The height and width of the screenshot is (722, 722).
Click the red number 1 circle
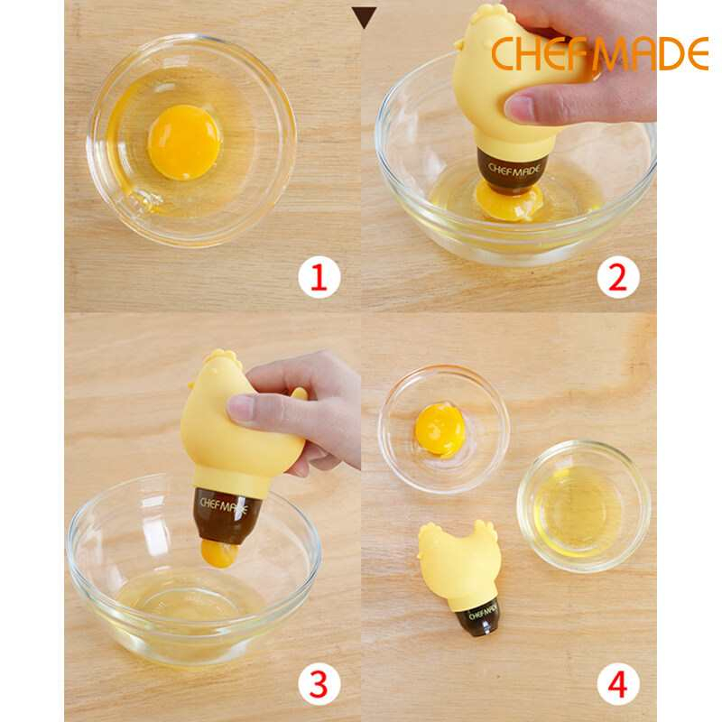point(319,278)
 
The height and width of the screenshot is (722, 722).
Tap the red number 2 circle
point(618,278)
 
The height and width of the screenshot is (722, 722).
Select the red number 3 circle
point(319,683)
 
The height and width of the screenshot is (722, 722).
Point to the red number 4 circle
point(618,683)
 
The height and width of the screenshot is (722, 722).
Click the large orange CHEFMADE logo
point(600,54)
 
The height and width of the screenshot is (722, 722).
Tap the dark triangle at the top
point(364,17)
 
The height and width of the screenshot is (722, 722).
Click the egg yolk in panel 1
point(184,142)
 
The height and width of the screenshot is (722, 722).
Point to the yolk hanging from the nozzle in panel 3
point(219,553)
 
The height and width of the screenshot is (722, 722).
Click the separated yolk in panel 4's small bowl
point(440,430)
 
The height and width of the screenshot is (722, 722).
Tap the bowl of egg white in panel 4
point(584,506)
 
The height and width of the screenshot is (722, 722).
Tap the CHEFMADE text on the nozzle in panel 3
point(224,506)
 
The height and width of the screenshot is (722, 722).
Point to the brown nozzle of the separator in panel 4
point(479,618)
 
